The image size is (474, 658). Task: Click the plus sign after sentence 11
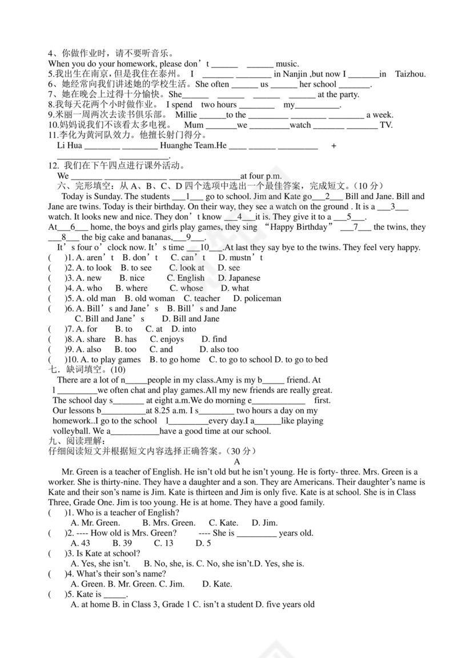point(334,146)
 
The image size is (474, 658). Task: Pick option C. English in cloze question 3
point(186,278)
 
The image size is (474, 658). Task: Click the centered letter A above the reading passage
point(237,461)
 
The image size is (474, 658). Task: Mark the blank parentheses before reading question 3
point(57,553)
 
